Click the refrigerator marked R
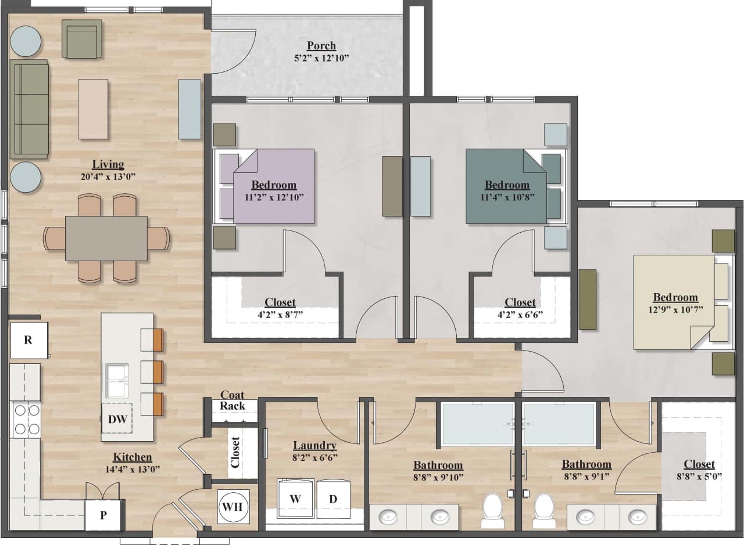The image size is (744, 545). point(28,340)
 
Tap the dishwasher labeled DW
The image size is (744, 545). point(117,419)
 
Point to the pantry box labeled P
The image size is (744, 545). point(103,514)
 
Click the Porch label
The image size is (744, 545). point(321,46)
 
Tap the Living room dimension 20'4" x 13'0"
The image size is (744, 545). point(108,176)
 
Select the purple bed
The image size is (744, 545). point(273,186)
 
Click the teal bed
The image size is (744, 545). point(507,186)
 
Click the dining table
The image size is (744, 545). point(106,238)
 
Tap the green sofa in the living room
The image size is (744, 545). point(29,109)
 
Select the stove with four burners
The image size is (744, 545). point(26,419)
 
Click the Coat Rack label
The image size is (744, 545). point(232,400)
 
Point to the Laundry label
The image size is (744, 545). point(314,445)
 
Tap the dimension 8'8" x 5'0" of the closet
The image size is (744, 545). point(699,477)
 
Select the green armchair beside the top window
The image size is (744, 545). point(82,39)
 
